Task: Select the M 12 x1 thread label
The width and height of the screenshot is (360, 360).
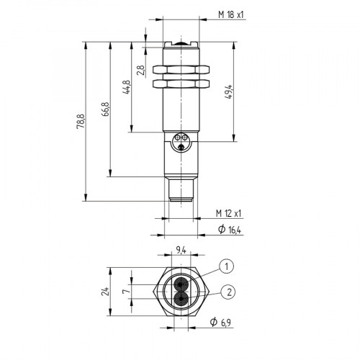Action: [x=230, y=213]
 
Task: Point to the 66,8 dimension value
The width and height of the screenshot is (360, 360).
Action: [x=106, y=109]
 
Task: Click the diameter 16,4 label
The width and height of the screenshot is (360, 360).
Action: [x=229, y=229]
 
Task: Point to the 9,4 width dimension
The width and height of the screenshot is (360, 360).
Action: [x=179, y=251]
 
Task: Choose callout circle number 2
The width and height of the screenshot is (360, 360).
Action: [x=228, y=291]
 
